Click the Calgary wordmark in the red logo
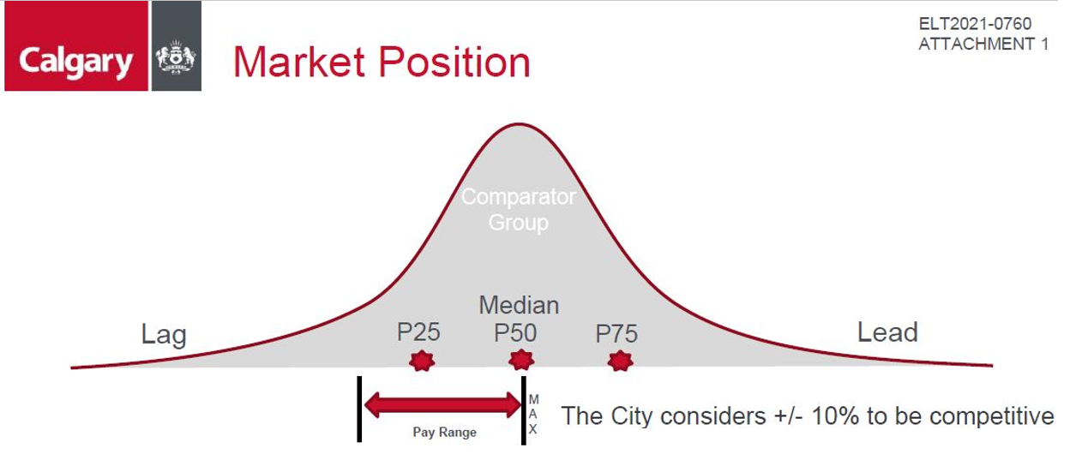75,63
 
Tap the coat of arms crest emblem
176,57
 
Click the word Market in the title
298,62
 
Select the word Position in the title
454,62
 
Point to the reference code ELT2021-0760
975,23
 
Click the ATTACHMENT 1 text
983,45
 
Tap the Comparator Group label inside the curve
519,210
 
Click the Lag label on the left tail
164,334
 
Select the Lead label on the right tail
887,332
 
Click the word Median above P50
520,305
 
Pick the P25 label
418,332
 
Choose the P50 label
515,333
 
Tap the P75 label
616,333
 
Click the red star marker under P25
422,361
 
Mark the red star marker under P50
521,360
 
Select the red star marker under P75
620,361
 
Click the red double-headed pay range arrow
443,405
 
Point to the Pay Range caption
445,433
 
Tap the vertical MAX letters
533,414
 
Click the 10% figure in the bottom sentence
835,415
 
